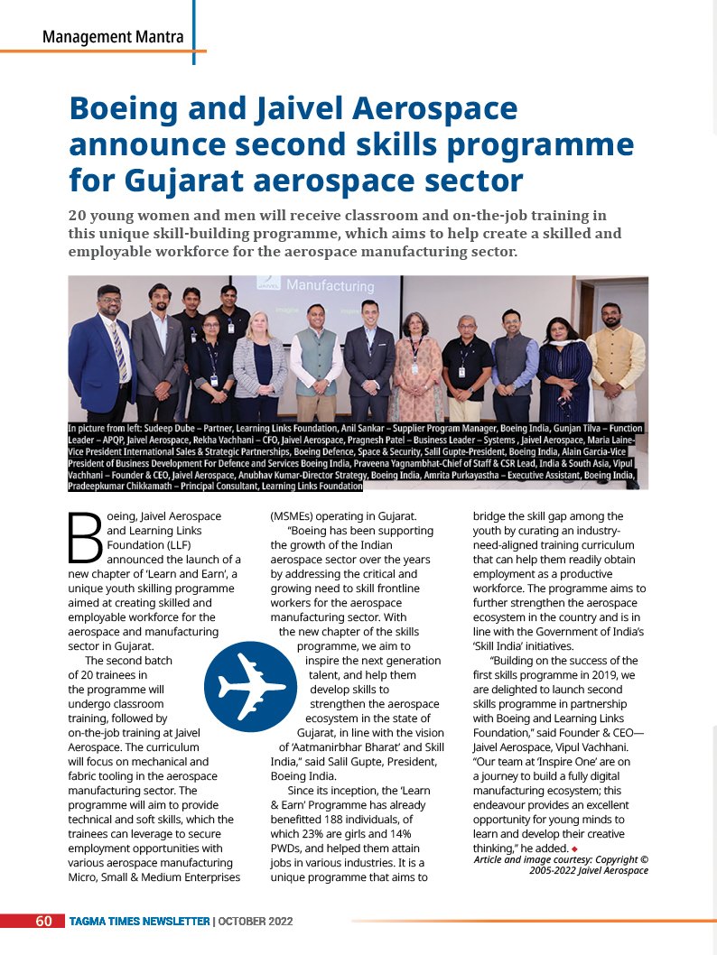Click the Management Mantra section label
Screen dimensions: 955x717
click(113, 37)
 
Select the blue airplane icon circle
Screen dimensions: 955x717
click(245, 686)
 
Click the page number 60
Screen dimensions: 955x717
click(43, 922)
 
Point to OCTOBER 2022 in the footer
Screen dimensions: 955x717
click(256, 922)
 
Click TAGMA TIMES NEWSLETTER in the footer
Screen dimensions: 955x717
click(140, 922)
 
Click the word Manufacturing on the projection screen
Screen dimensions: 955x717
click(330, 286)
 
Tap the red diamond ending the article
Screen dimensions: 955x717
click(573, 849)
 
